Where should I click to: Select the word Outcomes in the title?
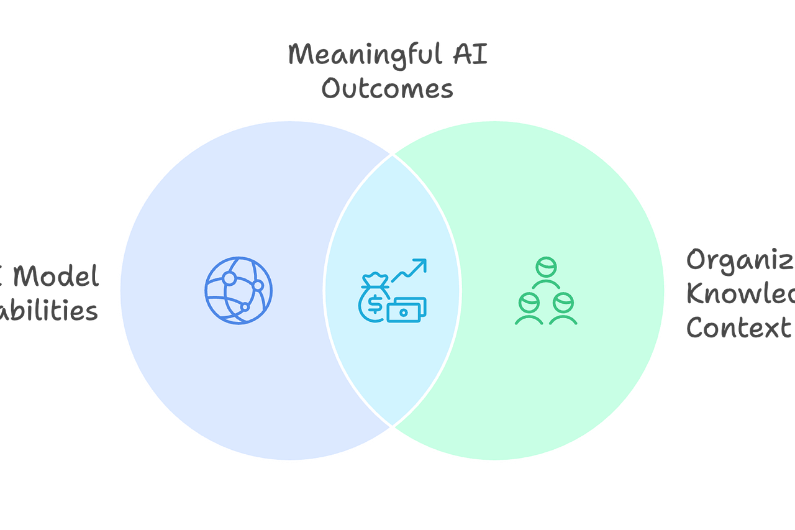coord(387,89)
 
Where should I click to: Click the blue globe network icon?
coord(238,290)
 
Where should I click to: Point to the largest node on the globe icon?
coord(229,278)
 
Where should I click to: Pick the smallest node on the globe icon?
coord(245,307)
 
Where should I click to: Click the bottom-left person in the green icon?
coord(529,307)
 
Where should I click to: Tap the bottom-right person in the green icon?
coord(563,307)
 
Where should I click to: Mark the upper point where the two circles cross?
coord(392,155)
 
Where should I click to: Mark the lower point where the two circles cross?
coord(392,426)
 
